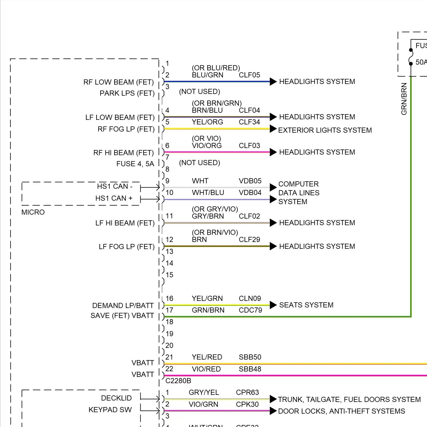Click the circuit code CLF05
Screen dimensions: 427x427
(x=249, y=75)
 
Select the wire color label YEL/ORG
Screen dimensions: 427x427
(x=207, y=122)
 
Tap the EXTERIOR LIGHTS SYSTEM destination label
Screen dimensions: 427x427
(x=325, y=130)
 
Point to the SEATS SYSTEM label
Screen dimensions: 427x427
(x=306, y=305)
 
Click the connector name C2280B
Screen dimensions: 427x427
(x=178, y=381)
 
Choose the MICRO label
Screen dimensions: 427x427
(x=33, y=212)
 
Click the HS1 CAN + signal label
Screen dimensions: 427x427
(x=114, y=198)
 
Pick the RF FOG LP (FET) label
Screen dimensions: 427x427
(x=126, y=129)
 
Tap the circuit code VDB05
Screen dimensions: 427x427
(x=250, y=181)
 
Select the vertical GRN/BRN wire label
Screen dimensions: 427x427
(x=404, y=99)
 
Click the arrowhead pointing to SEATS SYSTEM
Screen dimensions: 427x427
(x=273, y=305)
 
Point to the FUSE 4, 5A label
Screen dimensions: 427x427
(x=135, y=164)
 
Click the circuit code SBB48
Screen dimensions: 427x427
(x=250, y=369)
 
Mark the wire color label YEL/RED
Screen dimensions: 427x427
(x=207, y=357)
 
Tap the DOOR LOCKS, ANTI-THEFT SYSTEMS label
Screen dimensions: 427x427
(x=341, y=411)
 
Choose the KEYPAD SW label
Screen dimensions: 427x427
(x=110, y=410)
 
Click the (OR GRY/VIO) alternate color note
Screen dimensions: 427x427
(x=215, y=209)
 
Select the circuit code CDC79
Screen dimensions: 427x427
(x=250, y=310)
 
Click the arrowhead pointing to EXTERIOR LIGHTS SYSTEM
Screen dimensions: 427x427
(x=273, y=129)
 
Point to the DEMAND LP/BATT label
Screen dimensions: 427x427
(x=123, y=306)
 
